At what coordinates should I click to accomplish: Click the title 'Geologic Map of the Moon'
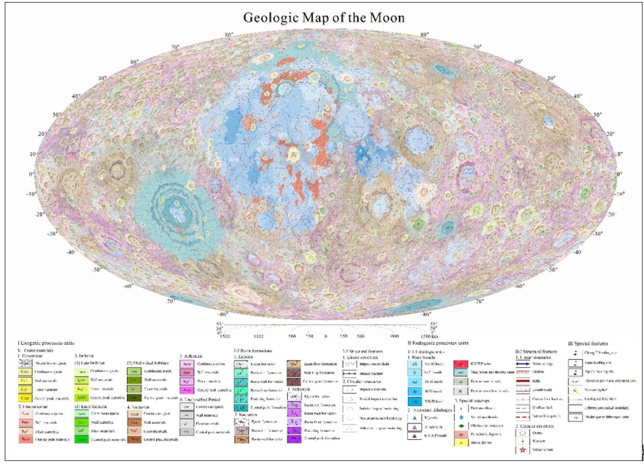coord(324,17)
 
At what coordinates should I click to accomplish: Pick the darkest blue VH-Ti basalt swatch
coord(415,401)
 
